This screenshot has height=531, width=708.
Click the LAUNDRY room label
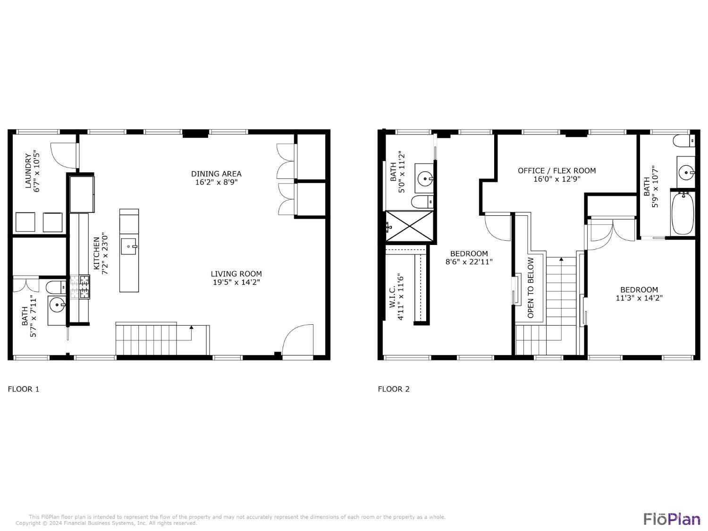tap(28, 171)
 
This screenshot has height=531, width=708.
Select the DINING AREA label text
tap(216, 174)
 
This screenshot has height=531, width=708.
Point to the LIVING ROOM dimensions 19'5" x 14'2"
tap(236, 282)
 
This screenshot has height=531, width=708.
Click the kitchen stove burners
tap(80, 287)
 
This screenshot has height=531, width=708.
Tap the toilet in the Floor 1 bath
tap(56, 287)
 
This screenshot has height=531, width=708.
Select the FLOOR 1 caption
tap(24, 389)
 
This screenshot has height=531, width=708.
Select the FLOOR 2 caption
tap(394, 389)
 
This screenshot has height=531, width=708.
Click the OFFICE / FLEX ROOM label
tap(556, 170)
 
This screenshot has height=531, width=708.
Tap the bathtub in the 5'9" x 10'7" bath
tap(682, 213)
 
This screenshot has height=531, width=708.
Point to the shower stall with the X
tap(410, 226)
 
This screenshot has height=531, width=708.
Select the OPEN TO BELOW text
tap(530, 287)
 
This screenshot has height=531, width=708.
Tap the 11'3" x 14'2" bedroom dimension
tap(639, 298)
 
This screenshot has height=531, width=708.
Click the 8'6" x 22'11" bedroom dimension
tap(469, 262)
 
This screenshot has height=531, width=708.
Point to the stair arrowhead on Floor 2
tap(561, 259)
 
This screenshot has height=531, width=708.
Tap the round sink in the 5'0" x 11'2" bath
tap(425, 178)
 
